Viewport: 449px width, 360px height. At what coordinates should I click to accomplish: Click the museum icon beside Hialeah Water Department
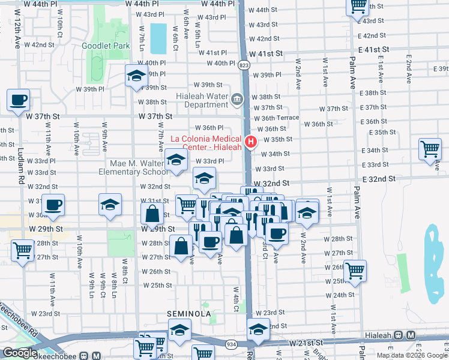click(237, 98)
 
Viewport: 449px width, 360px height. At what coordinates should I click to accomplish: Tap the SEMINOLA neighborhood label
click(188, 314)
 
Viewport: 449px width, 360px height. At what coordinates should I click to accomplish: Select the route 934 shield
click(231, 344)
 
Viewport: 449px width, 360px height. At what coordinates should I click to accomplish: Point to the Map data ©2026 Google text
click(412, 355)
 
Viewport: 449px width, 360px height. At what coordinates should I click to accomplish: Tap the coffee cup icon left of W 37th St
click(18, 101)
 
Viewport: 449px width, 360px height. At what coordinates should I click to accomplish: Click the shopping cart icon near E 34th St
click(430, 150)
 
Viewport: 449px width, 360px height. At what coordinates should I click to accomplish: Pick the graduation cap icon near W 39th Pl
click(136, 76)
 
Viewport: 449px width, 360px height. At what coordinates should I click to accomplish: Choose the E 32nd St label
click(379, 179)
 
